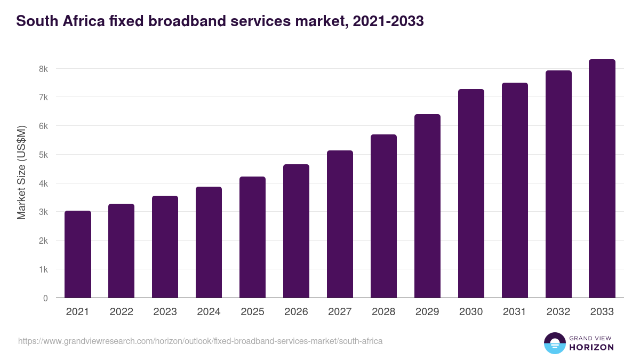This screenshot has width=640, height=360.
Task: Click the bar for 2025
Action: click(252, 237)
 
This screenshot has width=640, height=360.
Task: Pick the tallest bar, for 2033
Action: click(602, 179)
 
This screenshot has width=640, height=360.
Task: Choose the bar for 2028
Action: click(383, 216)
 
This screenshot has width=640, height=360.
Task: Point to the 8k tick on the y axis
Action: click(43, 69)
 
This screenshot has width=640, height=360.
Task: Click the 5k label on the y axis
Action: click(43, 155)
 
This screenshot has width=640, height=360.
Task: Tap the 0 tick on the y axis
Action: click(45, 298)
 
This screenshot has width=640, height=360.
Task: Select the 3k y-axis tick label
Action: click(43, 212)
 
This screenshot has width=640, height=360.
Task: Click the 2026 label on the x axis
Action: click(296, 312)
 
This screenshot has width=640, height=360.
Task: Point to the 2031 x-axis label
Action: click(515, 312)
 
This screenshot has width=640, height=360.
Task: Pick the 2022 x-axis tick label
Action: click(121, 312)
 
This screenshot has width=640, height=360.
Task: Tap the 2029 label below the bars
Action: click(427, 312)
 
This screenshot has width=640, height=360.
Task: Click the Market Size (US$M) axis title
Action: click(21, 173)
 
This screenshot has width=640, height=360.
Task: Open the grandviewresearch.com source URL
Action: click(200, 341)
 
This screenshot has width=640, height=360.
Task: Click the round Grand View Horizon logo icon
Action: click(554, 343)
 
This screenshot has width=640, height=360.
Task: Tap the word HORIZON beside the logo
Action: click(592, 347)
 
